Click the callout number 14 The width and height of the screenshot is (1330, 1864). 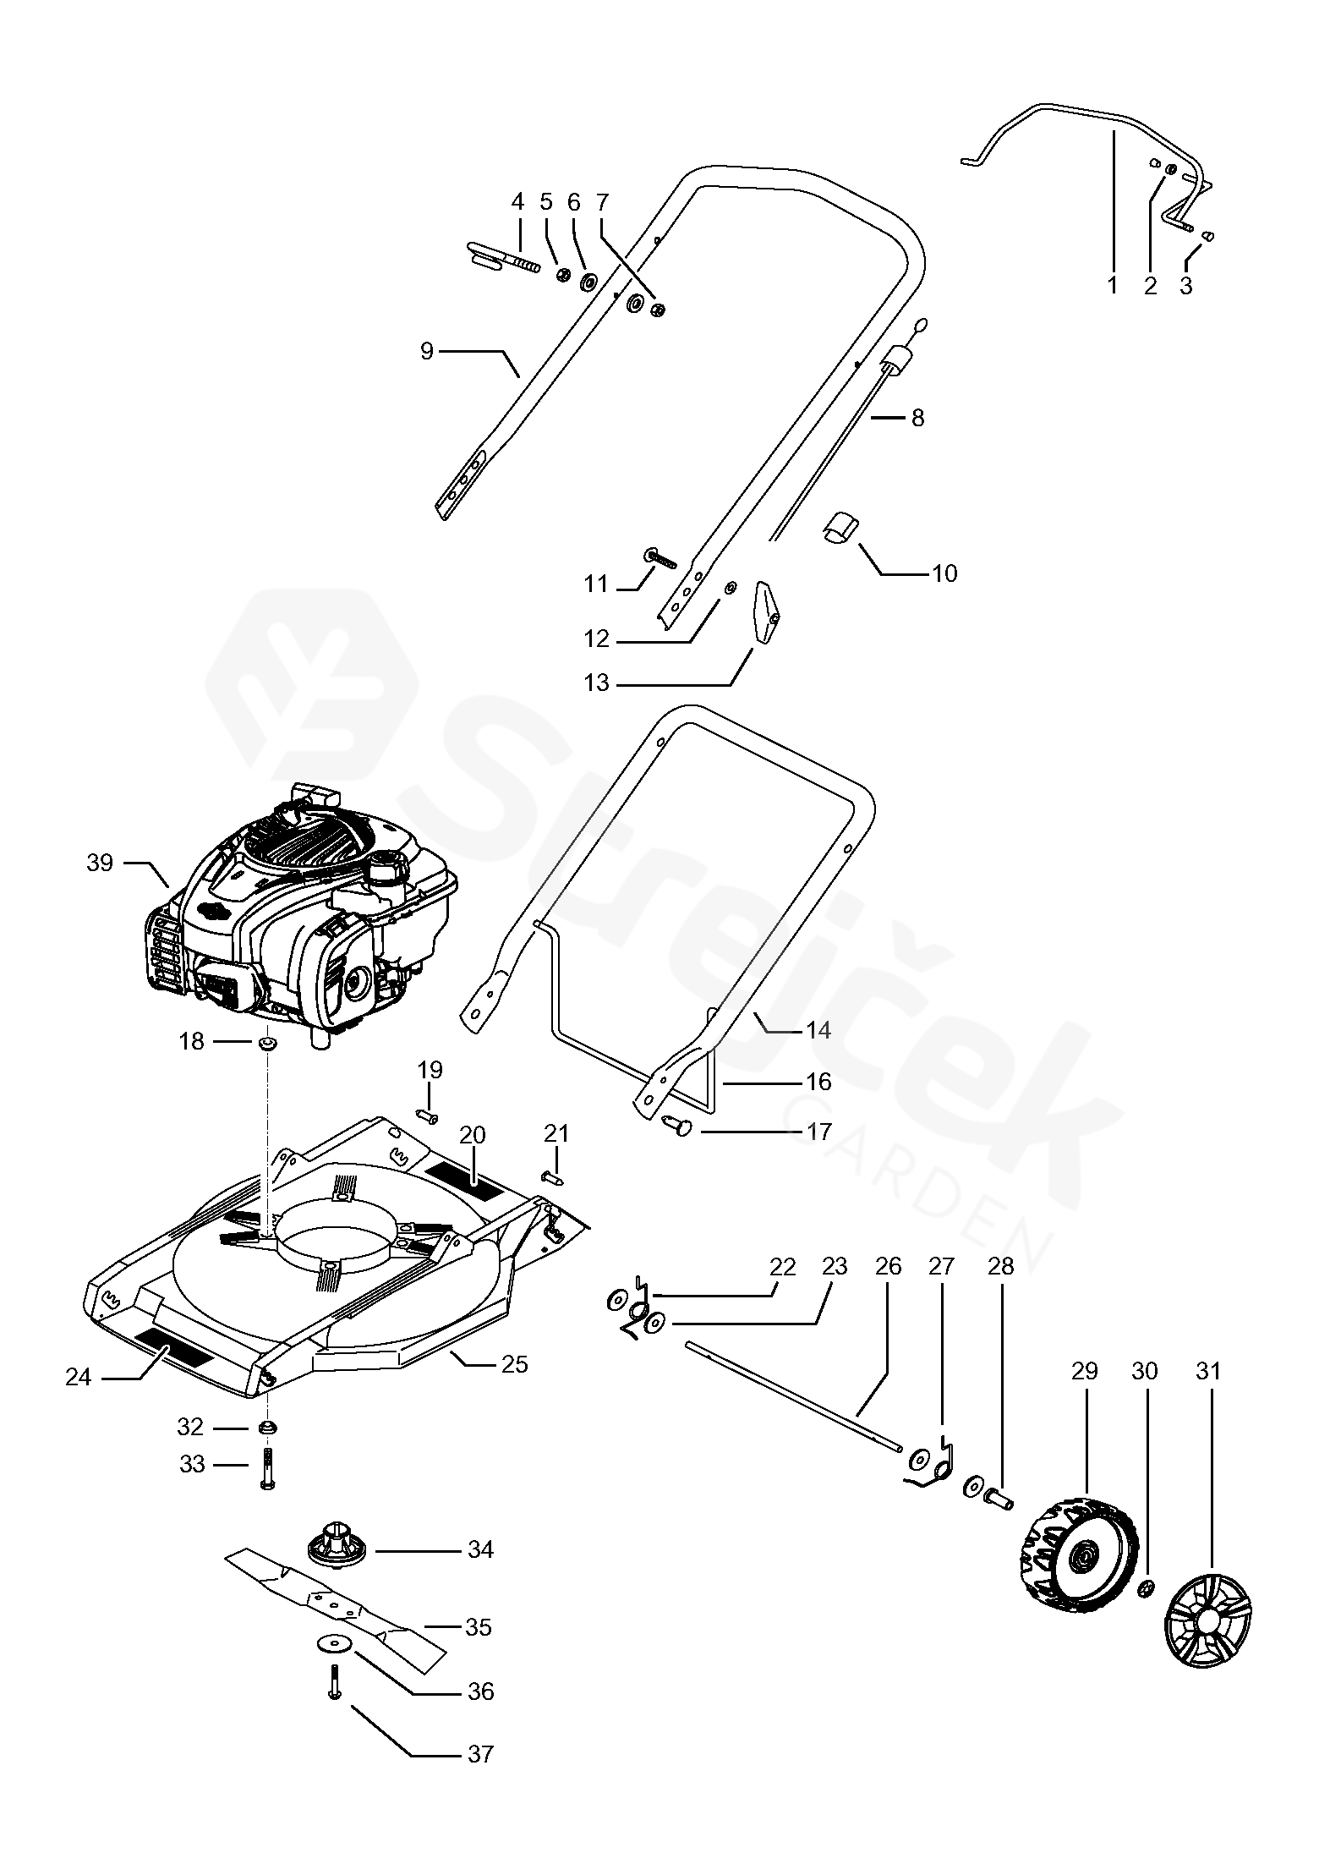coord(818,1030)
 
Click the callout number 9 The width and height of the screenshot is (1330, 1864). coord(426,349)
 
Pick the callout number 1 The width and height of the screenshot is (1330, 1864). coord(1112,285)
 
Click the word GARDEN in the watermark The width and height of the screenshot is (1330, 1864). coord(917,1184)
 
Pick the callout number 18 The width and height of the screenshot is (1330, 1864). coord(192,1041)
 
